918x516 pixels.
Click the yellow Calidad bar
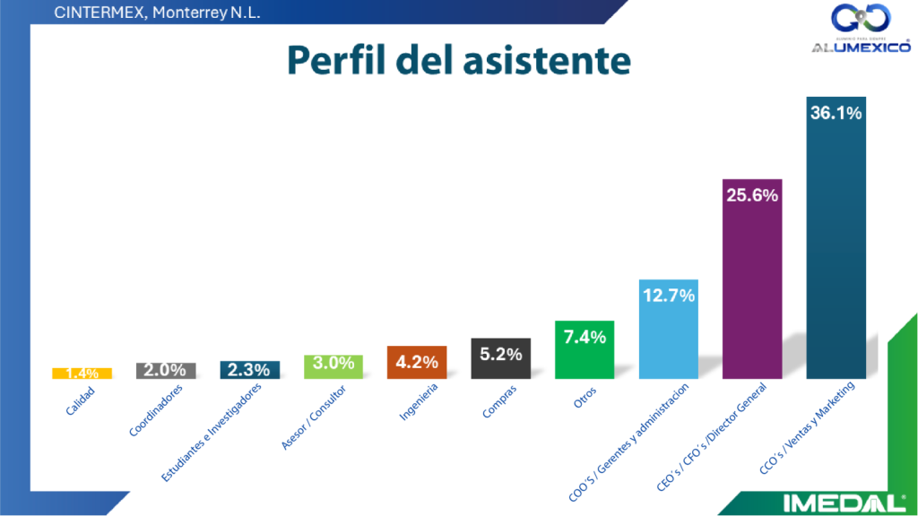[82, 373]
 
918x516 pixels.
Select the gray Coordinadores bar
[166, 370]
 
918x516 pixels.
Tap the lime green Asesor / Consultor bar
[333, 366]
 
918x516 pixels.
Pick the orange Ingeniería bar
[417, 362]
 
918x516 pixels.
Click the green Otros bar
[585, 349]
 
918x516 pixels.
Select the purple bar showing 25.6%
[752, 279]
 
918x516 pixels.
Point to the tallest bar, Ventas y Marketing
[836, 237]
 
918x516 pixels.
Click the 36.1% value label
[836, 114]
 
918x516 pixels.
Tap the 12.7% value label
[668, 296]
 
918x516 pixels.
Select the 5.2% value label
[501, 355]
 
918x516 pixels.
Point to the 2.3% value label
[250, 369]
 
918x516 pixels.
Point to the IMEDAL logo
[843, 503]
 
